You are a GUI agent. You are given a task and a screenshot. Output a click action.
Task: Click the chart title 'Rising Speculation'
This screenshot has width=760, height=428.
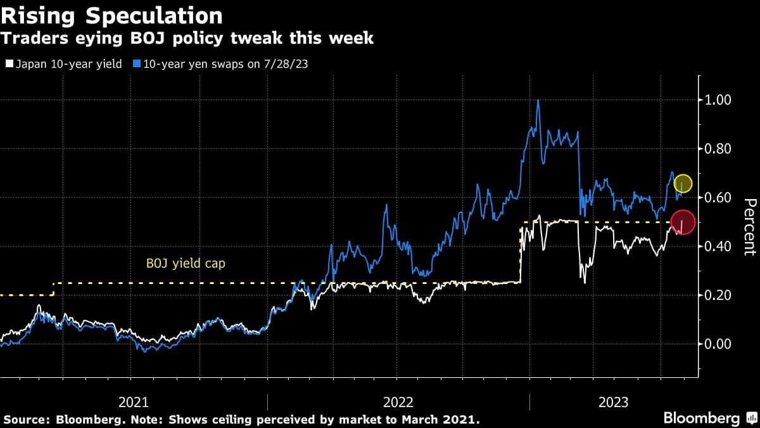(x=111, y=15)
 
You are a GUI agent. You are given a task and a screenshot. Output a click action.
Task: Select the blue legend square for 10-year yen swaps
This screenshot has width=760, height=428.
(x=137, y=64)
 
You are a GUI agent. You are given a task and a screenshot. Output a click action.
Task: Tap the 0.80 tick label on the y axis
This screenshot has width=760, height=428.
(x=718, y=149)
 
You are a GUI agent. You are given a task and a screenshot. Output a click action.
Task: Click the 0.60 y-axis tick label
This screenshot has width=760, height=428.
(x=718, y=198)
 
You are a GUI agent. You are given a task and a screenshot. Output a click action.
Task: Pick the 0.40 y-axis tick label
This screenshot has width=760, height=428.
(x=718, y=247)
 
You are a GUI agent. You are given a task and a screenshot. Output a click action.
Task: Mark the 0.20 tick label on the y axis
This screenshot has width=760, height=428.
(x=718, y=295)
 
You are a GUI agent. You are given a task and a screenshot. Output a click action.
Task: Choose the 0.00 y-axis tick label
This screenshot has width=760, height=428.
(x=718, y=344)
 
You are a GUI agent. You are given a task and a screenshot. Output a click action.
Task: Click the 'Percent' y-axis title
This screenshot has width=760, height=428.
(x=749, y=227)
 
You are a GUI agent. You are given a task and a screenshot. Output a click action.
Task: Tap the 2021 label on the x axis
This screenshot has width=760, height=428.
(x=134, y=402)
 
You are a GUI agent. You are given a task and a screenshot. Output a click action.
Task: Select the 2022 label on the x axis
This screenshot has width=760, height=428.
(x=398, y=402)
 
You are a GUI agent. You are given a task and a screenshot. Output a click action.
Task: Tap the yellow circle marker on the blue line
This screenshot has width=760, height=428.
(x=683, y=184)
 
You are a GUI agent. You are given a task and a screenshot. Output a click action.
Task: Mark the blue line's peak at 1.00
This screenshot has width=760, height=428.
(x=538, y=101)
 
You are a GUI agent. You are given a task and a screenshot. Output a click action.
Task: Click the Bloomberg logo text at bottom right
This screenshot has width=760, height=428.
(x=701, y=418)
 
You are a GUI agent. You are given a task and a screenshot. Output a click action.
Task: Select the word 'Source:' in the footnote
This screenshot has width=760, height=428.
(x=27, y=420)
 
